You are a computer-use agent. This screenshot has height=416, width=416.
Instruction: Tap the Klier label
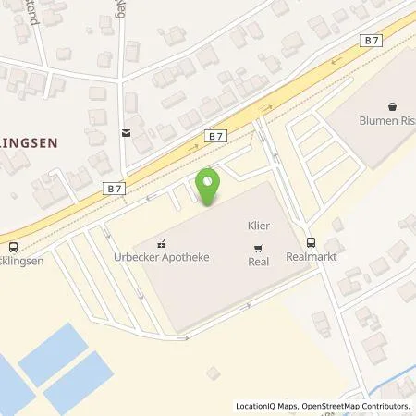(x=259, y=225)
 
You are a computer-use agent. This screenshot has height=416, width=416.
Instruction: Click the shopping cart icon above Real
(x=258, y=247)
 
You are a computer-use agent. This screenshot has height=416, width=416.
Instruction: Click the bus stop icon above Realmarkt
(x=312, y=236)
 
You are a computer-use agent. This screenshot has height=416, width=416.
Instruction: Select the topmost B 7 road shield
(x=372, y=39)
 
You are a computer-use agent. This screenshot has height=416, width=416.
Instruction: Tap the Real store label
(x=259, y=262)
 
